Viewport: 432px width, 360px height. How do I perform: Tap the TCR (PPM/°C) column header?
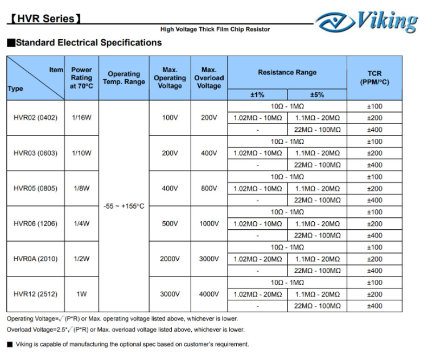point(375,78)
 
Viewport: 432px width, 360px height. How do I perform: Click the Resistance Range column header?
point(287,73)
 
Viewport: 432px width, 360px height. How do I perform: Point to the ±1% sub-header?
point(257,95)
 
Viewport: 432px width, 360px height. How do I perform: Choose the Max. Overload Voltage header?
point(209,78)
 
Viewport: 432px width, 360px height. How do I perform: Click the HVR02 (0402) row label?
point(35,118)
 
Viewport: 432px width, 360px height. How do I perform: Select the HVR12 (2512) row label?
point(35,294)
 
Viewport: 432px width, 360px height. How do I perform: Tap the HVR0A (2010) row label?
point(35,259)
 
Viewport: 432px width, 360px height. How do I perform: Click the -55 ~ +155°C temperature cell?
point(124,206)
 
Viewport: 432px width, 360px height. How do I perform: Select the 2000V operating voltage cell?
point(170,259)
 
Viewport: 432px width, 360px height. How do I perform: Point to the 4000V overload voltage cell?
point(209,294)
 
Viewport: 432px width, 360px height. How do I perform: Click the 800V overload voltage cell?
point(209,188)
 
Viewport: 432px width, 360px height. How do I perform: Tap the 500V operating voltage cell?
point(170,224)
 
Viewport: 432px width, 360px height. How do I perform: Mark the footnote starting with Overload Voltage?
point(125,329)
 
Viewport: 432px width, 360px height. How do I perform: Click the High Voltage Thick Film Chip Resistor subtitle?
point(216,29)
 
